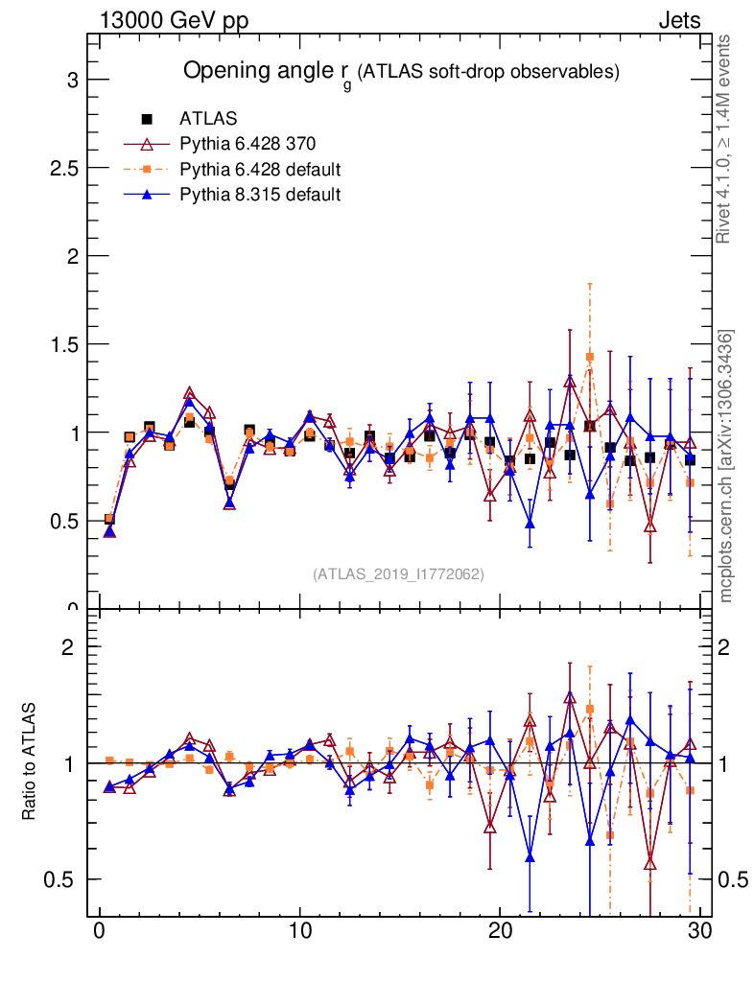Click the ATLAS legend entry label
click(x=208, y=119)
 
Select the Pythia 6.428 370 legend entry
click(x=247, y=144)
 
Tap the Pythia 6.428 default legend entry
click(x=260, y=170)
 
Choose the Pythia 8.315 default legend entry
click(x=260, y=195)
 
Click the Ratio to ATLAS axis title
click(x=30, y=762)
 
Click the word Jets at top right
click(x=679, y=20)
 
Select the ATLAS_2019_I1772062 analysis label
click(x=398, y=574)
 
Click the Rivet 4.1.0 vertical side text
click(x=725, y=139)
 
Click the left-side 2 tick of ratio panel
click(x=68, y=646)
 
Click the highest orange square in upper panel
click(x=590, y=357)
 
